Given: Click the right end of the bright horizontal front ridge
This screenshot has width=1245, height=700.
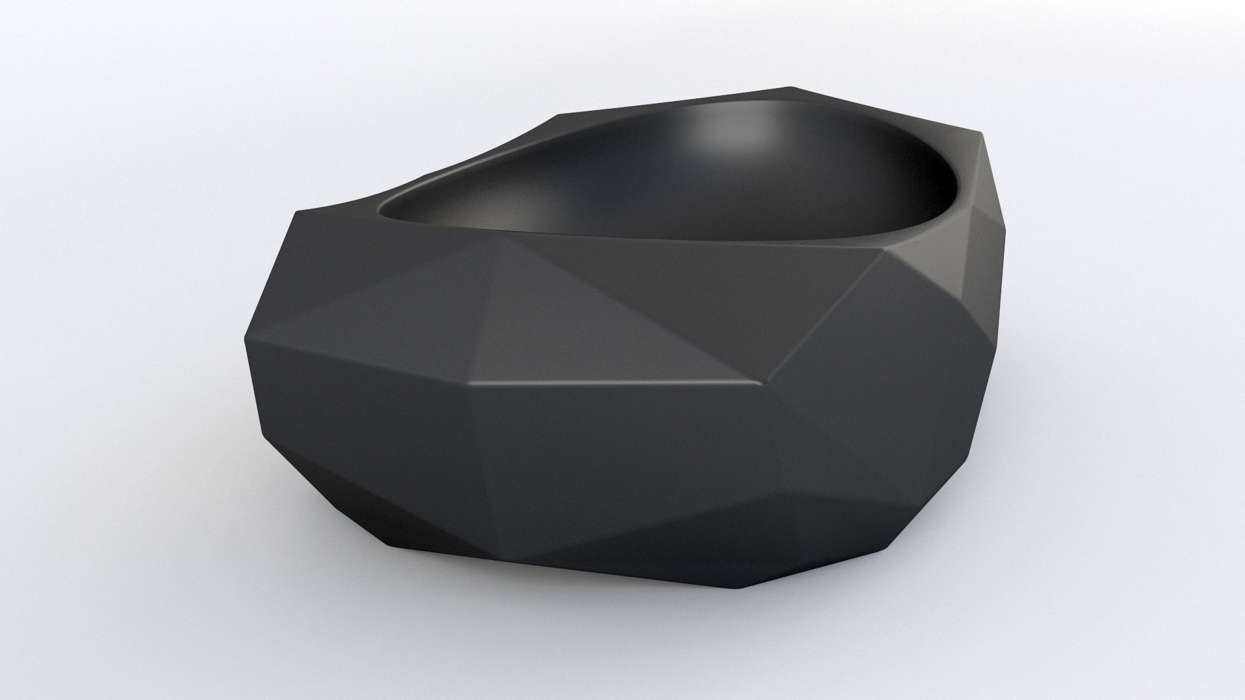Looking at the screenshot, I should (x=765, y=384).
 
